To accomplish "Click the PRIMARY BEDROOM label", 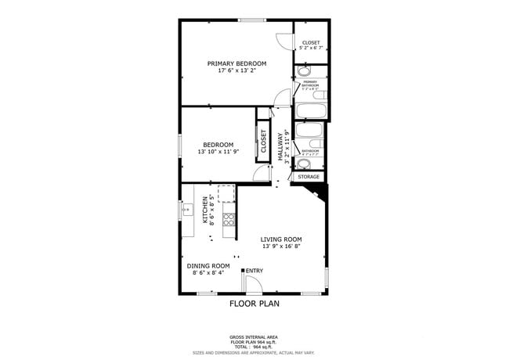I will click(236, 63).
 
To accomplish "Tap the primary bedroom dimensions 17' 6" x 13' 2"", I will click(236, 70).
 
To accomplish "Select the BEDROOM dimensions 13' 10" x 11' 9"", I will click(218, 152).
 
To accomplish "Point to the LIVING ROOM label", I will click(281, 239).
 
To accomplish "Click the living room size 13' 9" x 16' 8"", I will click(281, 247).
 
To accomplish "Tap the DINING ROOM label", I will click(208, 265).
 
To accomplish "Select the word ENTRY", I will click(254, 271).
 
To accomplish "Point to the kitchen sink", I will click(187, 210).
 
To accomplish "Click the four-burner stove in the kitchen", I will click(229, 220).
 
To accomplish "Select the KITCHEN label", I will click(206, 210).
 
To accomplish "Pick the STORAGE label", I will click(309, 177).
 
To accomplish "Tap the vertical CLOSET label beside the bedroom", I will click(263, 142).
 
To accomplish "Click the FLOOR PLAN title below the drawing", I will click(254, 303).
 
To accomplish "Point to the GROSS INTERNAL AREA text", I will click(254, 337).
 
